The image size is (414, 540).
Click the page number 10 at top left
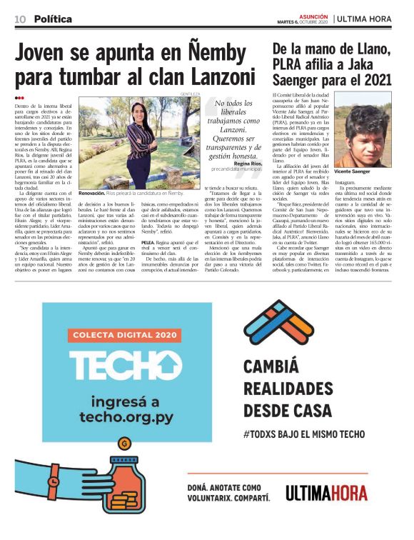(21, 19)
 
